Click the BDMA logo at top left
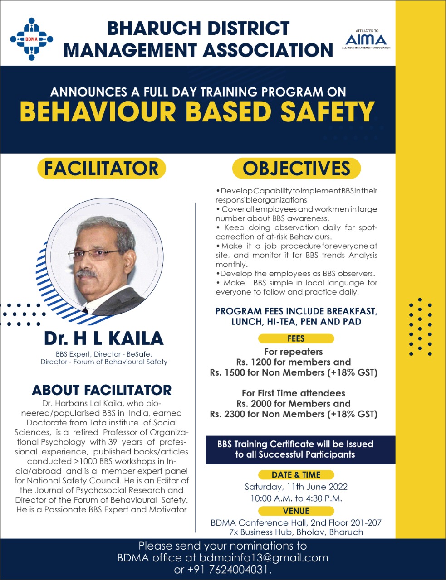click(31, 39)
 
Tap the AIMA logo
click(366, 40)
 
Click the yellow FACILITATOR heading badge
click(102, 168)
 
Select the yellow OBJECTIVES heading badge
click(296, 169)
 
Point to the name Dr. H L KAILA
click(103, 338)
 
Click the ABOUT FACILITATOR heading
click(102, 390)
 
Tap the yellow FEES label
click(296, 338)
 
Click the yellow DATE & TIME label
click(296, 475)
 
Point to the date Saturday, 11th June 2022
click(296, 487)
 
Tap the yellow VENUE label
click(296, 511)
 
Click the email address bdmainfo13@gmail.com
click(267, 558)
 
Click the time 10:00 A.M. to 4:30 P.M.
click(296, 498)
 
